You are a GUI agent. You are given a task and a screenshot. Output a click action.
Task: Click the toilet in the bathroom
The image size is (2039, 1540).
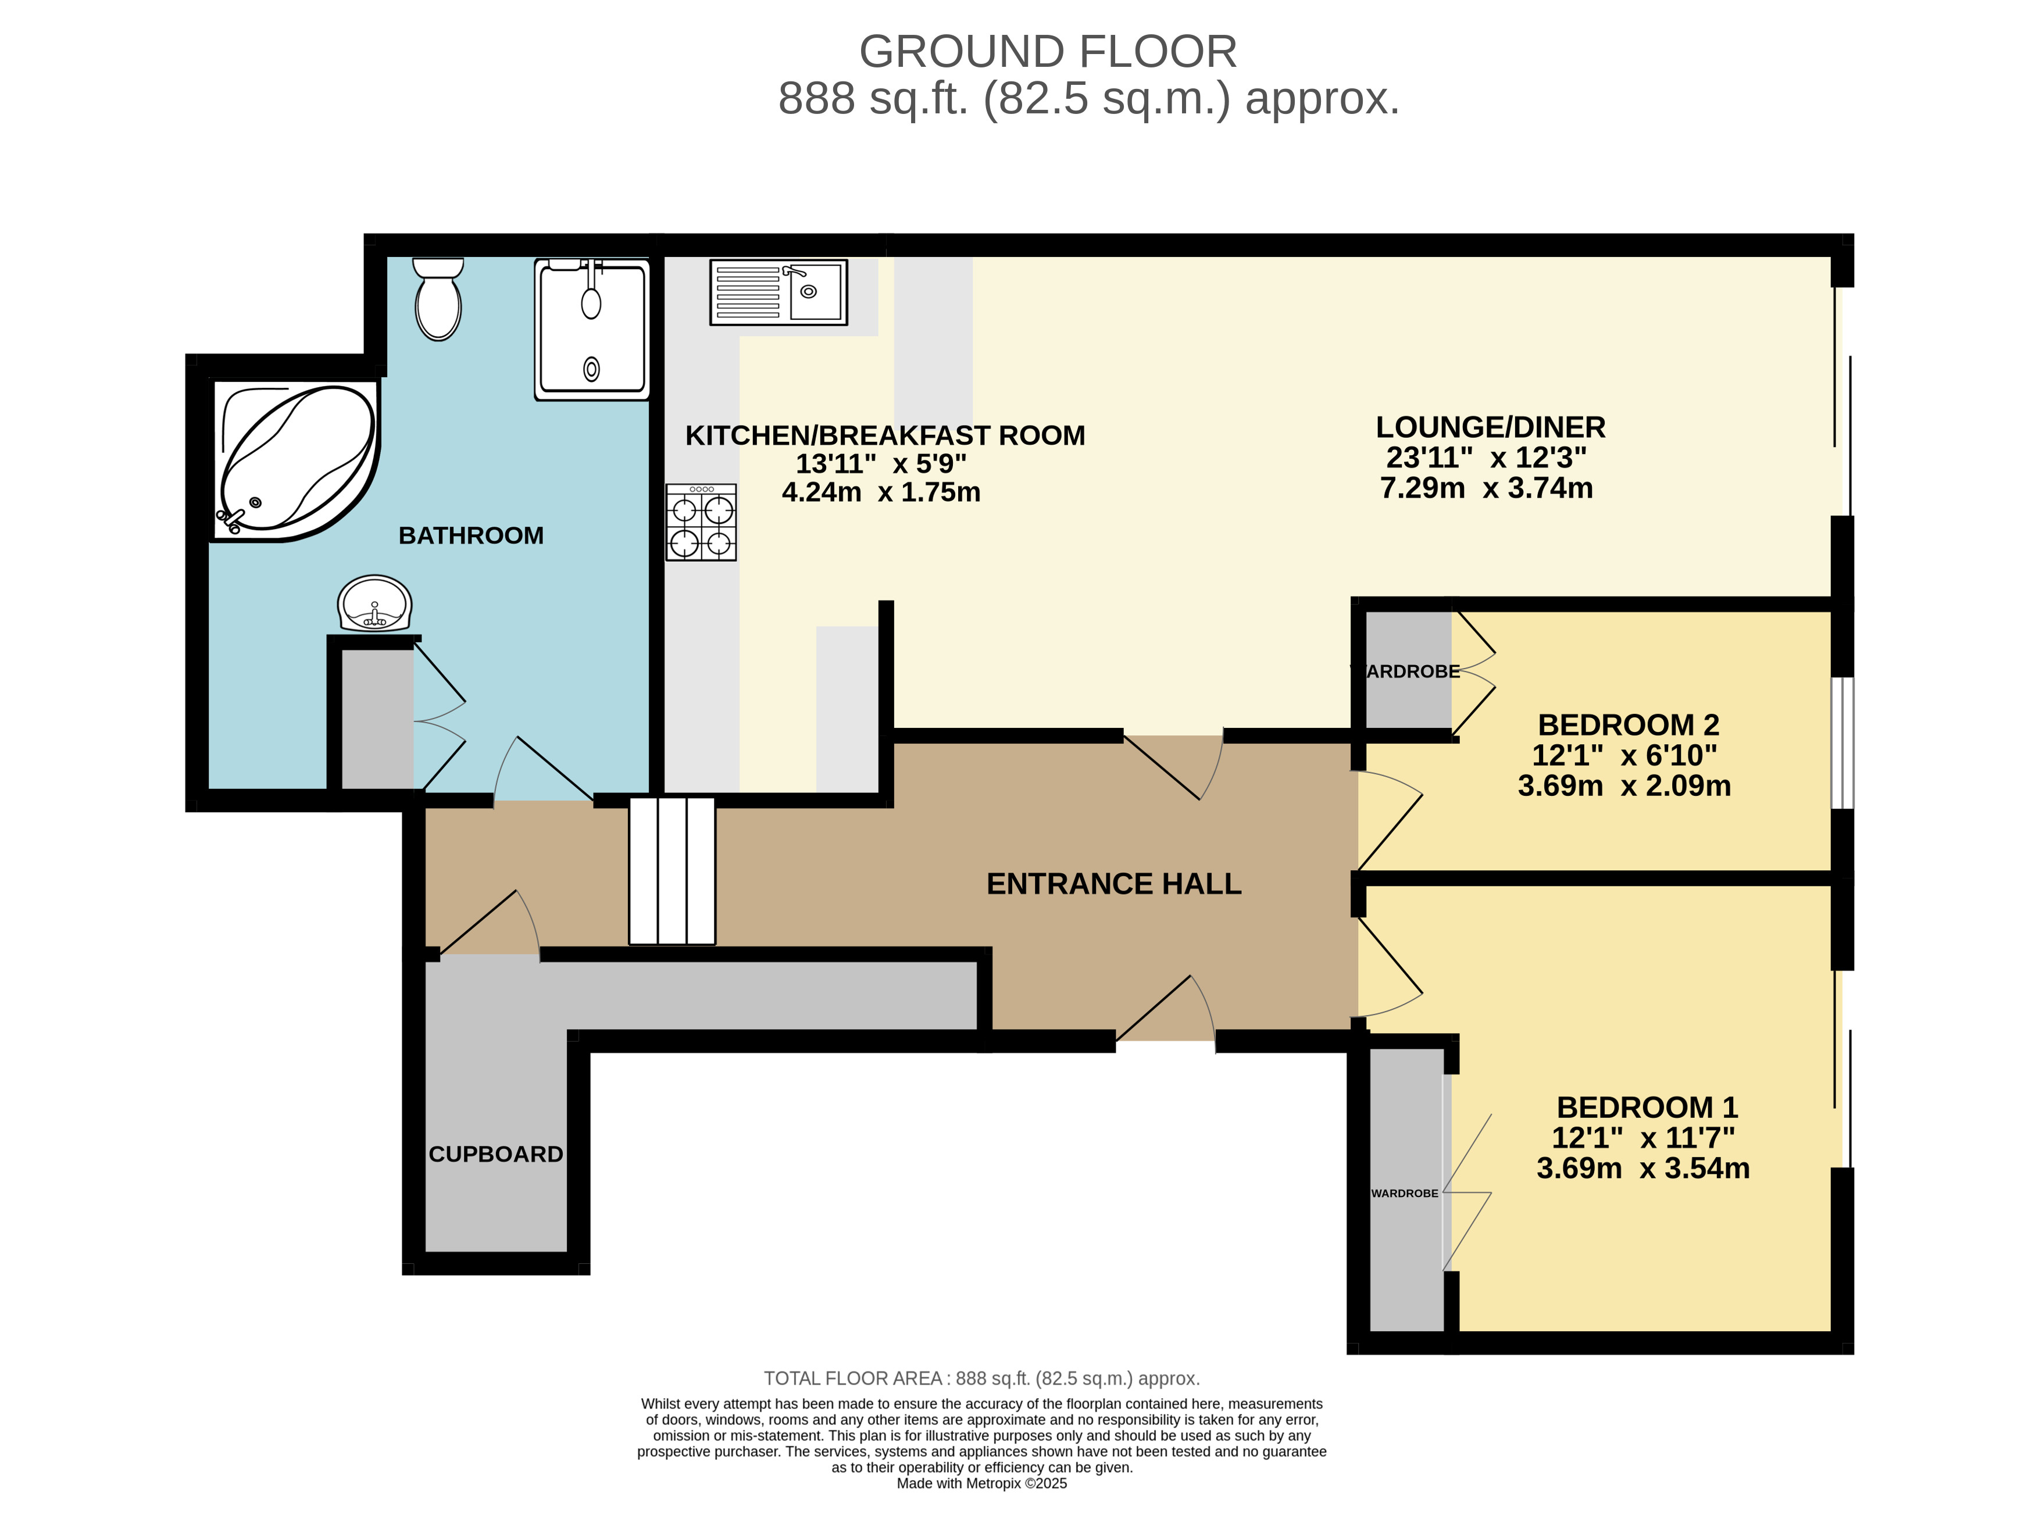[x=438, y=299]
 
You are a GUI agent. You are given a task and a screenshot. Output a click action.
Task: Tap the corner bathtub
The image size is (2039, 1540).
[x=295, y=461]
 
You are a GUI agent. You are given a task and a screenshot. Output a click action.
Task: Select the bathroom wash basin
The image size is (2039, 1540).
[x=374, y=603]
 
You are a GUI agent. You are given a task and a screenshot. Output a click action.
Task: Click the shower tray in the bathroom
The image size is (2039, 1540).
[x=592, y=329]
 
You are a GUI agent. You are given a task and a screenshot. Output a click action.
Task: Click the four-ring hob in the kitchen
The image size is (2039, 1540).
[x=702, y=523]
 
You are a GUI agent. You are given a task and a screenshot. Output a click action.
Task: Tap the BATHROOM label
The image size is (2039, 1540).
[x=471, y=535]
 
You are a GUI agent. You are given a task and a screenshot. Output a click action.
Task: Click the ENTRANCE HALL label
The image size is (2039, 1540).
[x=1113, y=884]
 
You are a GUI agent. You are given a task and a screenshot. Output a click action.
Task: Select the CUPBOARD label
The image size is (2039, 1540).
[x=496, y=1154]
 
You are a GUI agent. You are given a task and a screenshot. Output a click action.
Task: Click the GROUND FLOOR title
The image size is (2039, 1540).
[x=1048, y=52]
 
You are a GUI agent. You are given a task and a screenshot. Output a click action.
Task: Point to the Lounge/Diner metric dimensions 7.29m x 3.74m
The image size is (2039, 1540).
[x=1486, y=488]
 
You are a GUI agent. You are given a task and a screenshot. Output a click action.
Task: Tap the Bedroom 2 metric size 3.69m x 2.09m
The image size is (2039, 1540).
[x=1624, y=785]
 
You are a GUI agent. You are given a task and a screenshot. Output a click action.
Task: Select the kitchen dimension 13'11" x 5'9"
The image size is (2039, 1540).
[x=881, y=463]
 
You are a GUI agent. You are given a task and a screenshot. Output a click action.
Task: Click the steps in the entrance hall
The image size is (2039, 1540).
[x=672, y=871]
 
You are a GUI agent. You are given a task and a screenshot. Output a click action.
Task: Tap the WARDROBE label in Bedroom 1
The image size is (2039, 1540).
[x=1405, y=1194]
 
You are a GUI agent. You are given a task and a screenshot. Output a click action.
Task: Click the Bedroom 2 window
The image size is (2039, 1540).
[x=1842, y=743]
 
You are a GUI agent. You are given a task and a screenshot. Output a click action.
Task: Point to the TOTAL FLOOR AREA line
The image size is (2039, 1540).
[x=981, y=1379]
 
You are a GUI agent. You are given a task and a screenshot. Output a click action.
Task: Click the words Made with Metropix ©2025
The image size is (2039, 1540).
[x=981, y=1484]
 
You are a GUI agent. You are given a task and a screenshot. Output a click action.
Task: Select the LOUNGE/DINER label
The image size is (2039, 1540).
[x=1491, y=428]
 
